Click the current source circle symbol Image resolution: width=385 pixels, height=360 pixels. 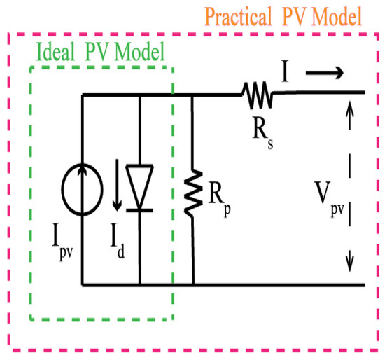click(83, 190)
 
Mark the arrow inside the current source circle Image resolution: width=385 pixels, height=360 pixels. click(83, 189)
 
